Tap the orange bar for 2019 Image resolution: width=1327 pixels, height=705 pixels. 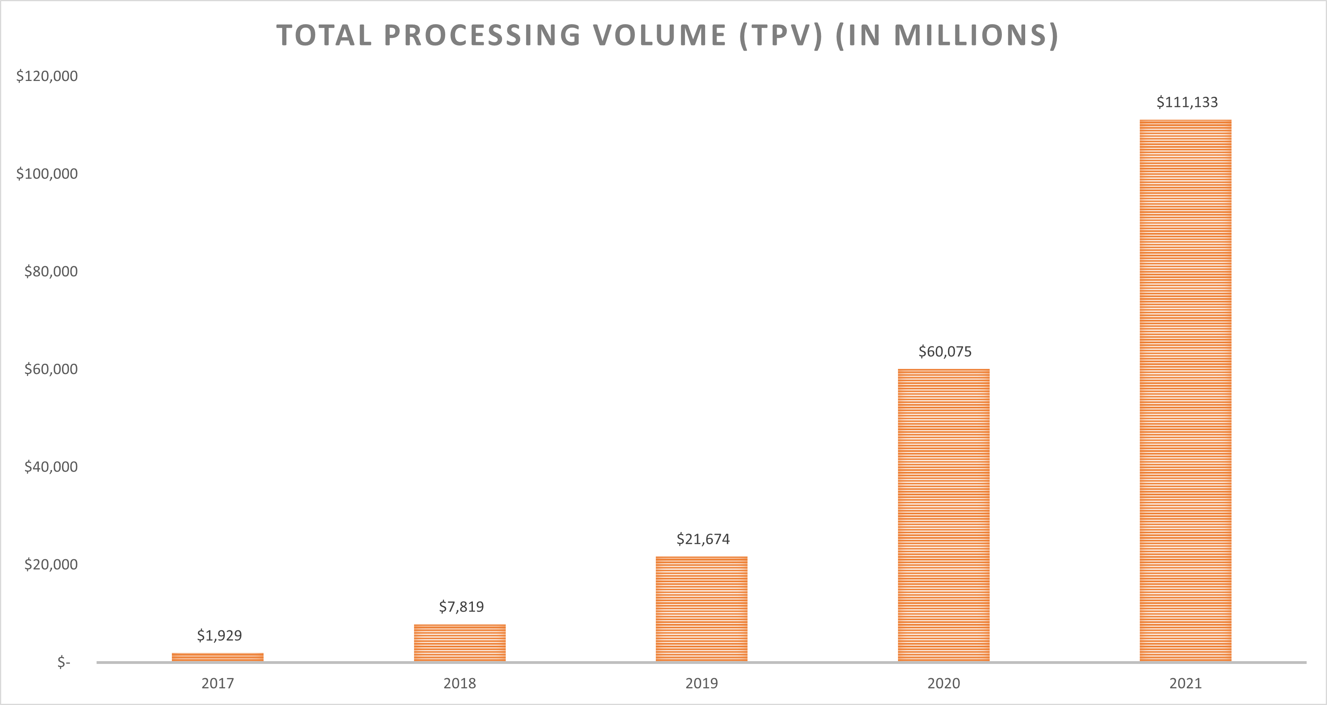[x=701, y=609]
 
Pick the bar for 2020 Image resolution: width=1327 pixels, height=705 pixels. [x=943, y=515]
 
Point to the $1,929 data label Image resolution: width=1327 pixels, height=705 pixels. [x=219, y=635]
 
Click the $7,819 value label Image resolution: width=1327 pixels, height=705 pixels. [x=461, y=607]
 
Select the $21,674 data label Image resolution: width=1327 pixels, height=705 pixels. [x=703, y=539]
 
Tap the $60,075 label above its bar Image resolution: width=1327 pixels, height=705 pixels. [x=945, y=352]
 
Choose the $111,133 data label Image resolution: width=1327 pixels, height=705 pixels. [x=1187, y=102]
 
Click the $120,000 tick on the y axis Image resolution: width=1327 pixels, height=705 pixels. [x=47, y=76]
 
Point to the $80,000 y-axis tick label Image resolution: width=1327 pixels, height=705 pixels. [x=51, y=271]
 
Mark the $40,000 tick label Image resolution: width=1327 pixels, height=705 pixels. [x=51, y=466]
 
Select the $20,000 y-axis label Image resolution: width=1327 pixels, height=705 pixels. [x=51, y=564]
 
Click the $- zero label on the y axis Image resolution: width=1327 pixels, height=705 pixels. [x=63, y=662]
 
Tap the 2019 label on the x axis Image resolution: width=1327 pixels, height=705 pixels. [x=701, y=683]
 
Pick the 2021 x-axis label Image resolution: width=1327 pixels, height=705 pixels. [x=1185, y=683]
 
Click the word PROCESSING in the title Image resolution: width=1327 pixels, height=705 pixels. [x=483, y=36]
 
